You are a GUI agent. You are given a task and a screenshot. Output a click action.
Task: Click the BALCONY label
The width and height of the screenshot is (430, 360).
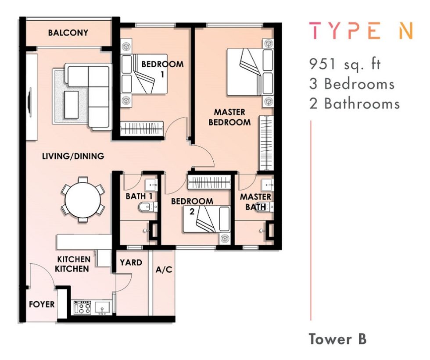coord(68,33)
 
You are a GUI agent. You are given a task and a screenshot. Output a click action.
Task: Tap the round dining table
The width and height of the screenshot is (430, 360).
coord(83,199)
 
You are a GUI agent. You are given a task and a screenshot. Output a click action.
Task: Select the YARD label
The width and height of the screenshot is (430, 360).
coord(131,263)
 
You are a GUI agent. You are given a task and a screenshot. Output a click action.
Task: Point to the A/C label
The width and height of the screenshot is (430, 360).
coord(164,270)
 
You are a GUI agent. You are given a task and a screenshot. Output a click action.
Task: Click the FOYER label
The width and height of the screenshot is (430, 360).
coord(42,304)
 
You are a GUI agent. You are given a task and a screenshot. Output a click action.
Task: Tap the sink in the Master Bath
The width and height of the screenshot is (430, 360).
coord(267,185)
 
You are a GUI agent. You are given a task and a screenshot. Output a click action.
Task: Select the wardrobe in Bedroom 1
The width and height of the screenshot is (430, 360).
coord(142,128)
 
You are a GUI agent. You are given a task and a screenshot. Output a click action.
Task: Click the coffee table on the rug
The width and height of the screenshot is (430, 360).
coord(71,105)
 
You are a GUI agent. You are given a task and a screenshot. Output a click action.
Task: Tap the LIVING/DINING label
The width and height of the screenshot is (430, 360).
coord(73,156)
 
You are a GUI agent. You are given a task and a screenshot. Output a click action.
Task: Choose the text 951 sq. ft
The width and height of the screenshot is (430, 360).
coord(345,64)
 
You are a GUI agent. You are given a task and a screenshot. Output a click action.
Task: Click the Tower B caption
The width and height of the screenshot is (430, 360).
coord(337,339)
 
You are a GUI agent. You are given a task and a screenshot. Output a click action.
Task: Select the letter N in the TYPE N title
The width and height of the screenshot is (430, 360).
coord(406,30)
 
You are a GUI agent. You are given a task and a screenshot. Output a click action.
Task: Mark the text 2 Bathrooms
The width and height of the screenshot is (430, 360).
coord(355,104)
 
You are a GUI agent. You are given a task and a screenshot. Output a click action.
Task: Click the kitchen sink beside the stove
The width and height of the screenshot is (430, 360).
coord(102,307)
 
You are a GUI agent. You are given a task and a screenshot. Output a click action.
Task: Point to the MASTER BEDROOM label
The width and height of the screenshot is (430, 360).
coord(229,117)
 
